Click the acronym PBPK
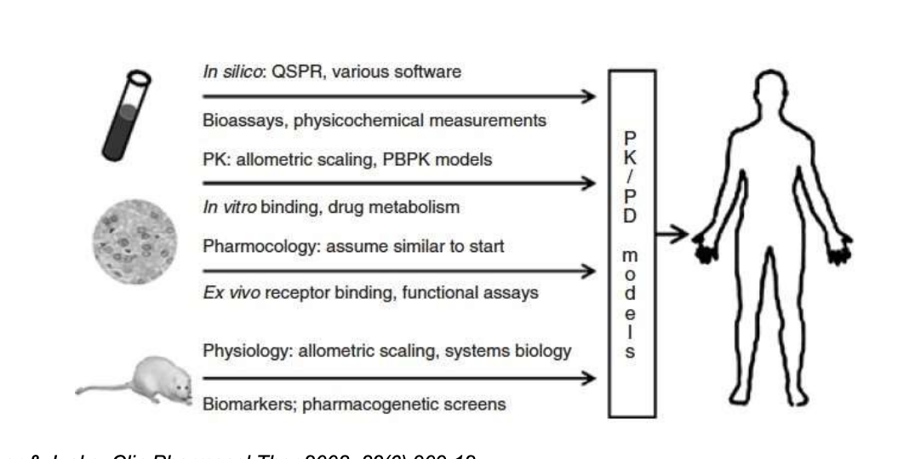[x=382, y=160]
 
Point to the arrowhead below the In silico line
[x=586, y=96]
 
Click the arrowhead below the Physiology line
[x=586, y=377]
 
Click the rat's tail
[x=93, y=391]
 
